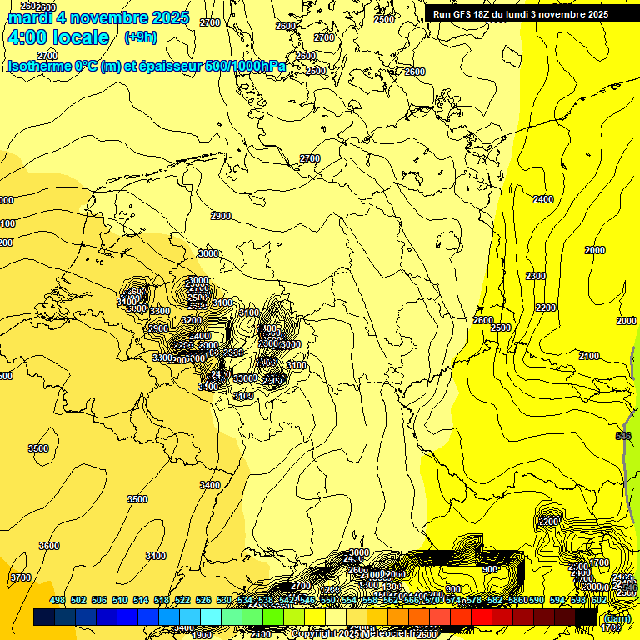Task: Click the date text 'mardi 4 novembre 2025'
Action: point(98,17)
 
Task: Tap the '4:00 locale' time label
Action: point(57,37)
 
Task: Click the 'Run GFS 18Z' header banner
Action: point(520,14)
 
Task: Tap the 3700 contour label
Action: point(20,577)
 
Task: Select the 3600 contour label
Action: point(49,546)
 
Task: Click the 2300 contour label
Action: point(536,276)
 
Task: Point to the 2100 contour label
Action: point(588,356)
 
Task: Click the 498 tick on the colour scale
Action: point(57,600)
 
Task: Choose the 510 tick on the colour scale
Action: point(120,600)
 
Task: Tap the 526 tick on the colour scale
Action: point(202,600)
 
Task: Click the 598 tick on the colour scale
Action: point(577,600)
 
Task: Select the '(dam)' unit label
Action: point(616,618)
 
